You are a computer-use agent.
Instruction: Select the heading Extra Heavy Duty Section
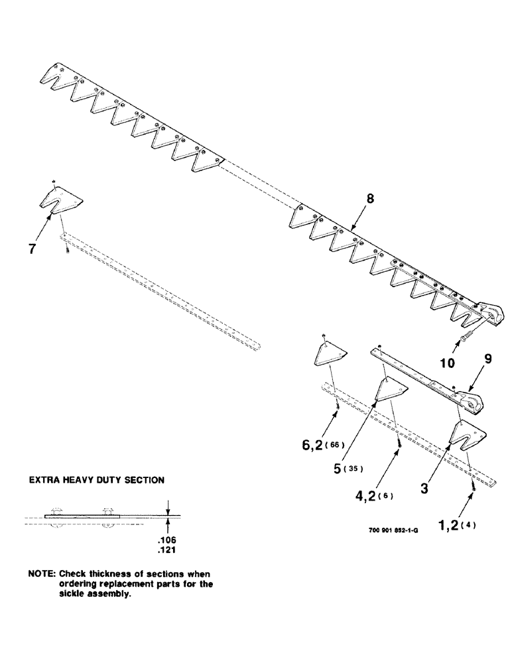coord(96,479)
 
